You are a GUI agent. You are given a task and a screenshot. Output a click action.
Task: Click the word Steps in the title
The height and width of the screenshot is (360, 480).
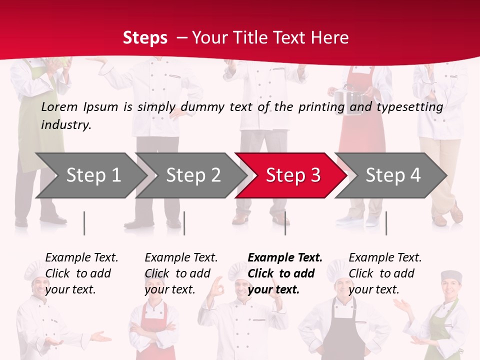[145, 38]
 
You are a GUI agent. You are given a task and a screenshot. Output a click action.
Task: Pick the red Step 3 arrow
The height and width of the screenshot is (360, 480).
[293, 175]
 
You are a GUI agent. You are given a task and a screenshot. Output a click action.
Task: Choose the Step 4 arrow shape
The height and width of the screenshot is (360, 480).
[393, 175]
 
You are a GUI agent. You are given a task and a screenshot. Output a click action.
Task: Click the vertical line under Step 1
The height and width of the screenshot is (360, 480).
[84, 223]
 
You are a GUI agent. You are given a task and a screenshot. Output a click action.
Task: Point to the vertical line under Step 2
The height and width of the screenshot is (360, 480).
[184, 223]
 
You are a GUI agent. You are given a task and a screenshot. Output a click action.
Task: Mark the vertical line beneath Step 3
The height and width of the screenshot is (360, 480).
[285, 223]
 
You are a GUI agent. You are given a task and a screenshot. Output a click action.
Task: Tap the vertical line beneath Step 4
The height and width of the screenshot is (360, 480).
[386, 223]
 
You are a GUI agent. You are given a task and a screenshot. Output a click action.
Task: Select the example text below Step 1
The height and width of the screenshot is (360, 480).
[81, 273]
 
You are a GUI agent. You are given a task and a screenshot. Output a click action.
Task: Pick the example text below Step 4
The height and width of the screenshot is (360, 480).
[385, 273]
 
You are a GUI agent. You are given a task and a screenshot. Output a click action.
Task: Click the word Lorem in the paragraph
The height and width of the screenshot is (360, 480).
[59, 107]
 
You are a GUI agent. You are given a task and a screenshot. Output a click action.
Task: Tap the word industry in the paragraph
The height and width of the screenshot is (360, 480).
[65, 125]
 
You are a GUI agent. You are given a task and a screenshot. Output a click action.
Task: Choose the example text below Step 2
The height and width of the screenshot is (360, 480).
[181, 273]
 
